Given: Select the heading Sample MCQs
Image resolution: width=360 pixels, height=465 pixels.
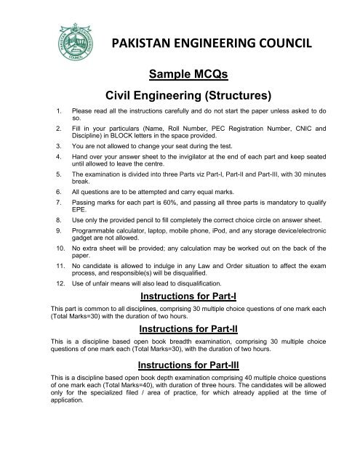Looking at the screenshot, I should pyautogui.click(x=179, y=74).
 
